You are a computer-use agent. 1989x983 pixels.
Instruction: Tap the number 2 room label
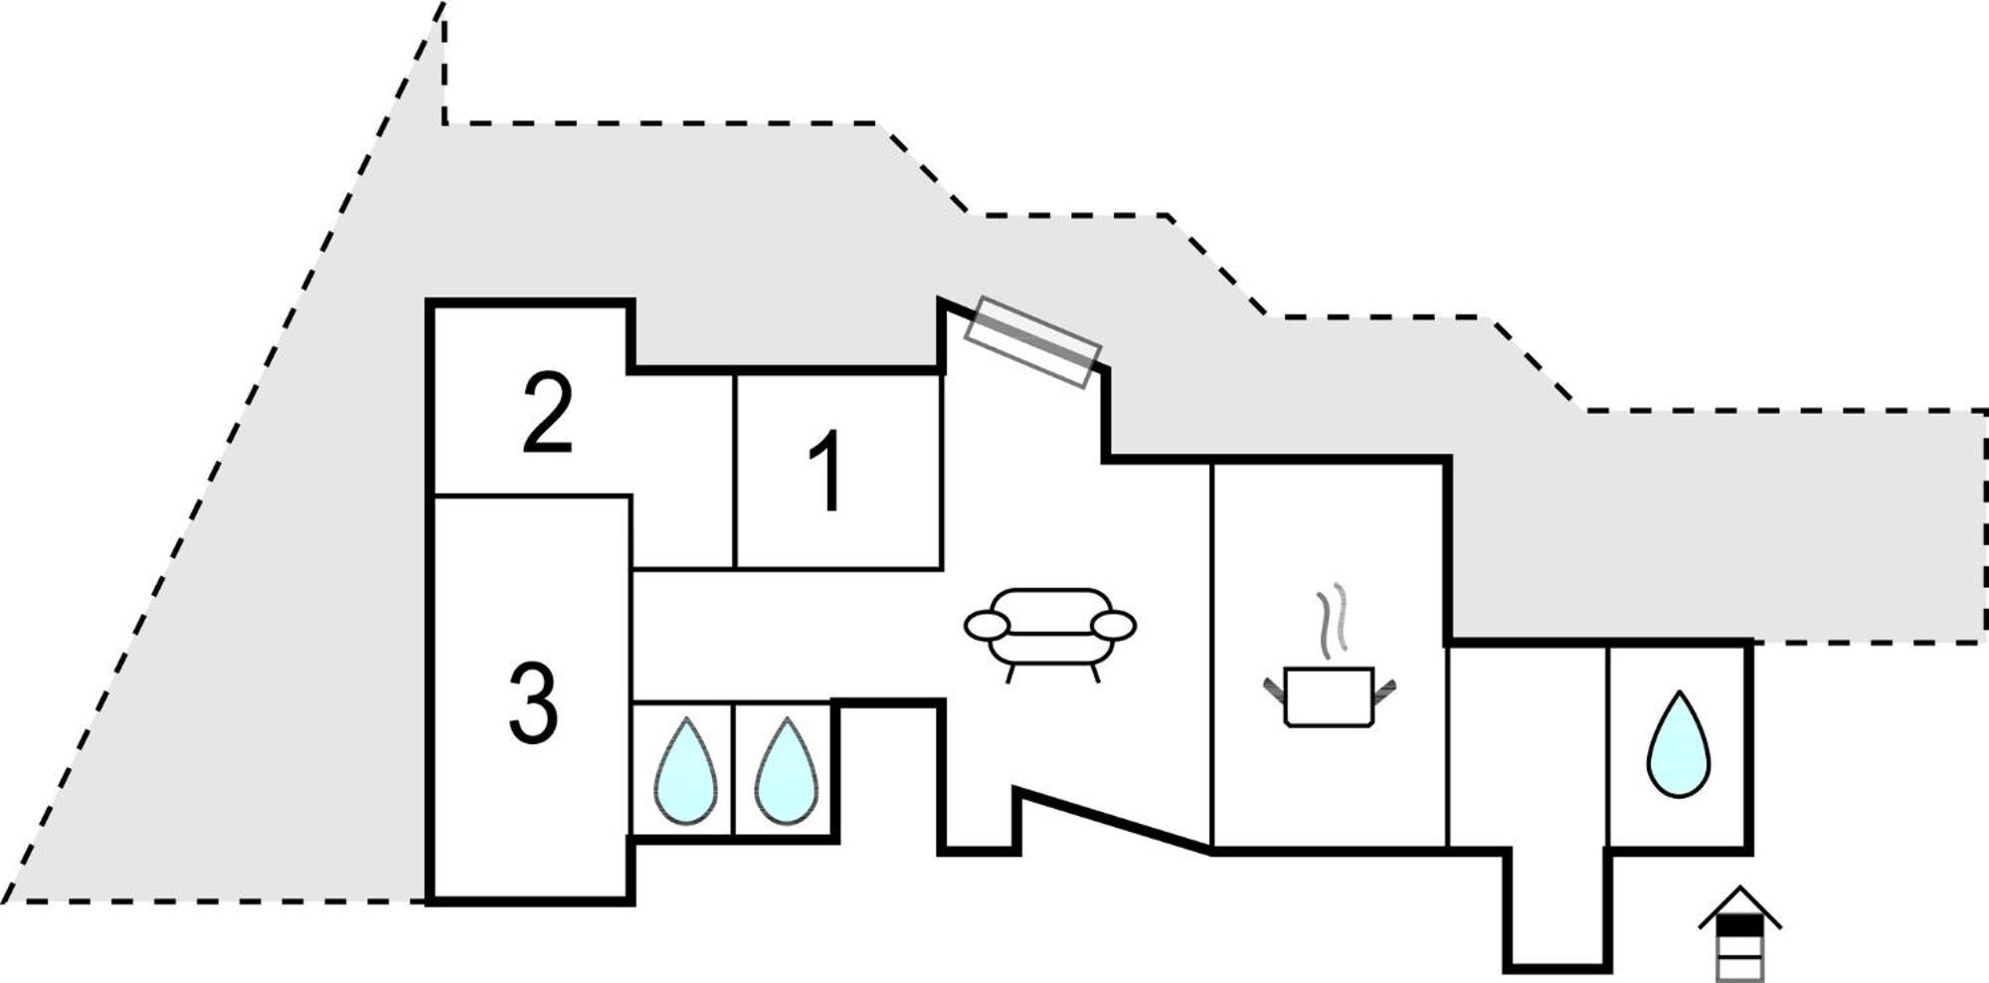tap(548, 412)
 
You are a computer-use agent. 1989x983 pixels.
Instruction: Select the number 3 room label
tap(534, 703)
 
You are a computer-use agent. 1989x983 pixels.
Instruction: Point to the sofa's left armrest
tap(988, 625)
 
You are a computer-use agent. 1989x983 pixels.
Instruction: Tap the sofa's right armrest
tap(1113, 625)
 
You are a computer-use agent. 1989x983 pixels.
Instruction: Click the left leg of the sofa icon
tap(1009, 674)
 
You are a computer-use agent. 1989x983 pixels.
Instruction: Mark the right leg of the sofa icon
tap(1095, 674)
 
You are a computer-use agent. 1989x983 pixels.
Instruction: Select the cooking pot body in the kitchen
tap(1330, 696)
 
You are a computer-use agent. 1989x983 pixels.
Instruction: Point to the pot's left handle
tap(1274, 688)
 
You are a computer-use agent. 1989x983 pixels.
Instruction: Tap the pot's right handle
tap(1384, 688)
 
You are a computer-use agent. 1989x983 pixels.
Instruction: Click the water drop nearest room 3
tap(685, 771)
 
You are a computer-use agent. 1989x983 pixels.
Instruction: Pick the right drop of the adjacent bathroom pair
tap(786, 771)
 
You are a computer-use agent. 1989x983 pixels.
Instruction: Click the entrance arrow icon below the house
tap(1739, 932)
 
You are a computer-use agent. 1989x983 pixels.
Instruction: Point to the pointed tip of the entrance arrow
tap(1739, 886)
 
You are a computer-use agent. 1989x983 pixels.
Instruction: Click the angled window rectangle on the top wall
tap(1034, 342)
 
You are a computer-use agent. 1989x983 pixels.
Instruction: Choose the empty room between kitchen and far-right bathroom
tap(1528, 746)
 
